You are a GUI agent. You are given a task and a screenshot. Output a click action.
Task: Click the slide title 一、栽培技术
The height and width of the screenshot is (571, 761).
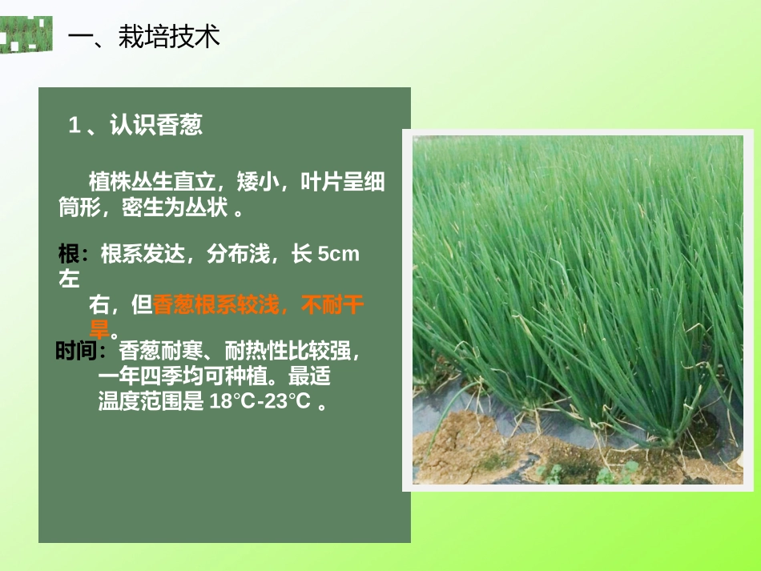144,36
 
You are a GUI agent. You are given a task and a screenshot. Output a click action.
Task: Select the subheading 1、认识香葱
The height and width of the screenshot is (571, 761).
135,125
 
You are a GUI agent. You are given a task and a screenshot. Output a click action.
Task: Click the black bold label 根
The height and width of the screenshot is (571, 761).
68,255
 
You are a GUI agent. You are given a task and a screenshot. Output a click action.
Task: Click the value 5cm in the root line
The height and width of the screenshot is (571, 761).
339,255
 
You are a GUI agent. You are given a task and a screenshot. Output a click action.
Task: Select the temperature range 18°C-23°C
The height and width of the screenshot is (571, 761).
260,402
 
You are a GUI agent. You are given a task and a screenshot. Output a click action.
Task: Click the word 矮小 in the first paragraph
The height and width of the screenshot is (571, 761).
258,183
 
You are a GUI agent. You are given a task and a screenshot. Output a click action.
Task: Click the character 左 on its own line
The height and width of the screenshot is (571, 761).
69,279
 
